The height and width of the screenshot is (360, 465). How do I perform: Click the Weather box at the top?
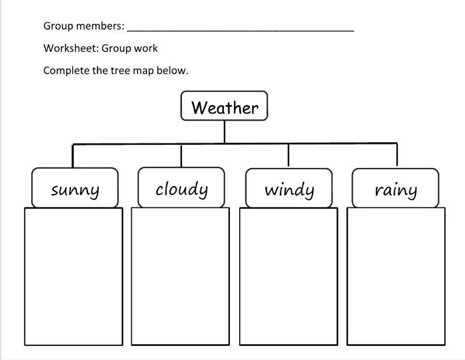pos(225,107)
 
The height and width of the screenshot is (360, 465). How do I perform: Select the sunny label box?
pos(75,189)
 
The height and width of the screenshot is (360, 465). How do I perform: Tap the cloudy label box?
pos(181,188)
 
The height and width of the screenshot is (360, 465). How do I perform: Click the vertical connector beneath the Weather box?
pos(225,131)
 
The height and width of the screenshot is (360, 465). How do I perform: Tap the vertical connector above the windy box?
pos(288,155)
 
